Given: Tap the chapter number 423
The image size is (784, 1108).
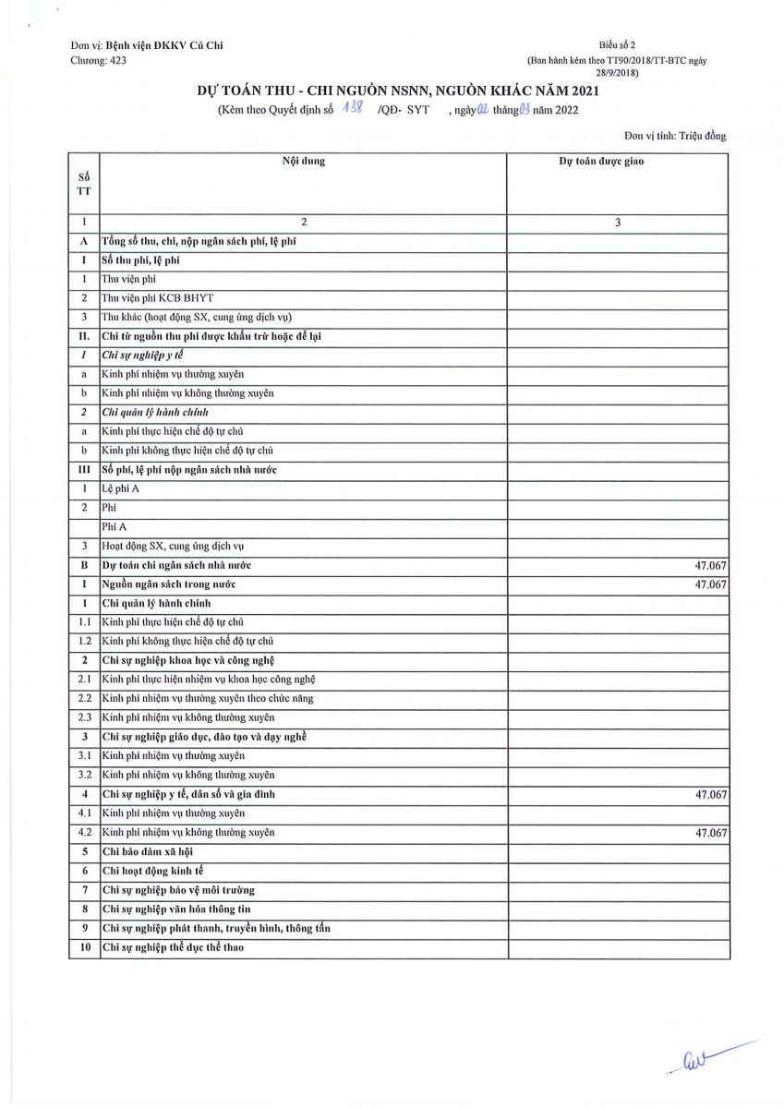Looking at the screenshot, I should (116, 60).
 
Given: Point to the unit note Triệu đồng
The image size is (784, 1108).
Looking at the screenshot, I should (702, 136).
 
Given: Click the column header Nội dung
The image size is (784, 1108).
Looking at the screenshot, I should (303, 162).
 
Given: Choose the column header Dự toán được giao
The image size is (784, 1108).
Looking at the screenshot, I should (601, 162).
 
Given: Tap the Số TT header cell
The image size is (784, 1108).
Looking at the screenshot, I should (84, 183).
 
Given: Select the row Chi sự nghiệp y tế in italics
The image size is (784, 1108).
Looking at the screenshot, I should (142, 355).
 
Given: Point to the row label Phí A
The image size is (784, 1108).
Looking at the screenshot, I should (115, 527).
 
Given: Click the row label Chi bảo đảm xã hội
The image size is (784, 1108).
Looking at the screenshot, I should (148, 851).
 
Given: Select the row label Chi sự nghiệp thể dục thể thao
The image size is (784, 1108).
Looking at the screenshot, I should (173, 947).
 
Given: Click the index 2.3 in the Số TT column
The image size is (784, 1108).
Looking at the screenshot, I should (84, 717).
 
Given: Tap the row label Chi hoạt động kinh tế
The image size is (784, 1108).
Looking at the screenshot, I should (152, 871).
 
